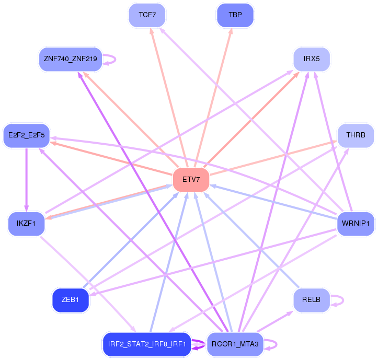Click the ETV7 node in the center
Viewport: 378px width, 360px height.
191,180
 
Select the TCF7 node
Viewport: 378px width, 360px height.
147,15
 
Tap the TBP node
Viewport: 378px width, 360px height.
235,15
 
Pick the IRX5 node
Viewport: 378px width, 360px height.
312,59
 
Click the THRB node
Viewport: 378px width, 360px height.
356,135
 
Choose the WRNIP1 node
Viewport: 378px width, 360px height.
356,224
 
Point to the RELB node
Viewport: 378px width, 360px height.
312,300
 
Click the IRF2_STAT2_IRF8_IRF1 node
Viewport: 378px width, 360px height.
147,344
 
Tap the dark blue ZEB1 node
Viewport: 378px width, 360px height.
70,300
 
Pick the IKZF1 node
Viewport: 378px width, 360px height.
26,224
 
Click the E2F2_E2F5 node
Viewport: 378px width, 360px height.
26,135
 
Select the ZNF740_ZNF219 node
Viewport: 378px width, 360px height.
70,59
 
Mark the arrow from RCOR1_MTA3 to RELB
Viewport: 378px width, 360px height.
272,322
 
